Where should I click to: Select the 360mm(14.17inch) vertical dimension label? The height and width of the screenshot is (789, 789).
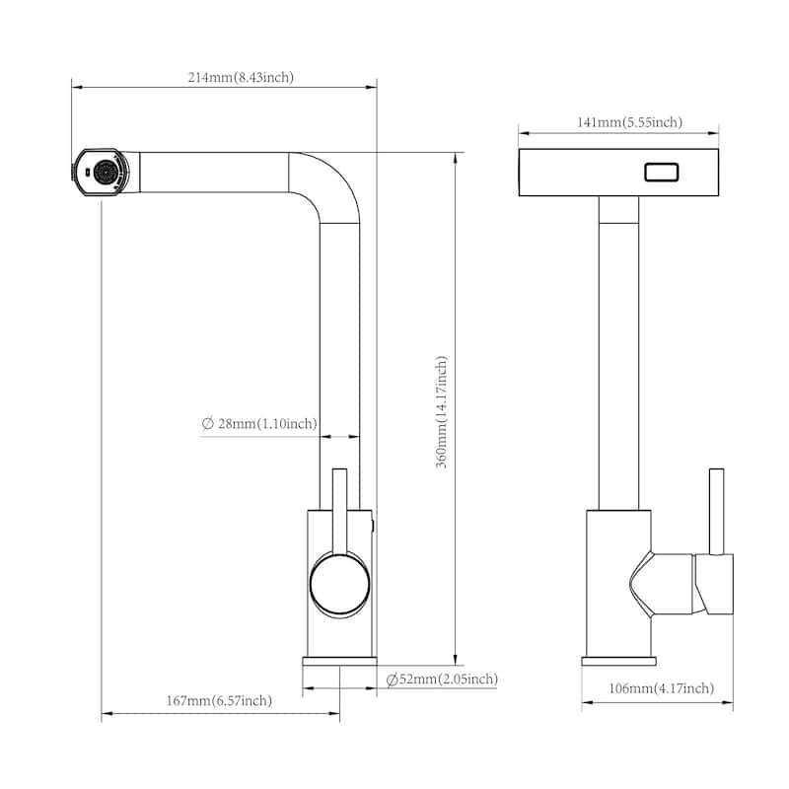point(443,412)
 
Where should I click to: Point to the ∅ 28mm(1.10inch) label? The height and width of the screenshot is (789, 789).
point(259,424)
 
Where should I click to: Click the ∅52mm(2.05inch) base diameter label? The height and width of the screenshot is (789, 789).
point(442,679)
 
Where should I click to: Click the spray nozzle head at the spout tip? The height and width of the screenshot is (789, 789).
point(103,175)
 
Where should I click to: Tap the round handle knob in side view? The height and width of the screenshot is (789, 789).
point(340,584)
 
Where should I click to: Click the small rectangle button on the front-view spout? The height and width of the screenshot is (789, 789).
point(662,173)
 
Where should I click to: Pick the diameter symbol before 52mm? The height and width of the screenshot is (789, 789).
point(392,679)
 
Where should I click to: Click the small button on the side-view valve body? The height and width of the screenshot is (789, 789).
point(372,523)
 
